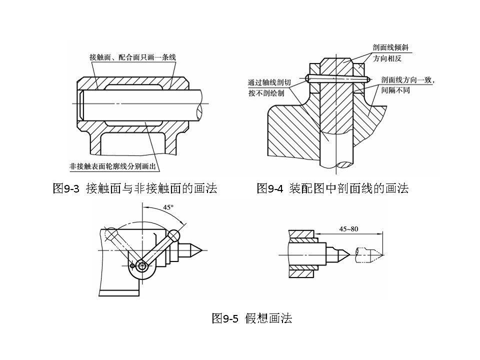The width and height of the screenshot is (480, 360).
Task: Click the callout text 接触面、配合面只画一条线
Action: (132, 57)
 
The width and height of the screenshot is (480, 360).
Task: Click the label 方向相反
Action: (387, 58)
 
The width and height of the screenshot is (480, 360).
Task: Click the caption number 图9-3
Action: (66, 188)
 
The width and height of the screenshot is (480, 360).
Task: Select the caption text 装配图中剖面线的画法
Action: (349, 188)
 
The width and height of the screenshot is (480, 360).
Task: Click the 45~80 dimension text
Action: (349, 229)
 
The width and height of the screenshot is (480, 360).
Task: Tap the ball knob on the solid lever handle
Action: (173, 234)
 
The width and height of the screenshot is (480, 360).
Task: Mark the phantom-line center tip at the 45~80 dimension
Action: (382, 254)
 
